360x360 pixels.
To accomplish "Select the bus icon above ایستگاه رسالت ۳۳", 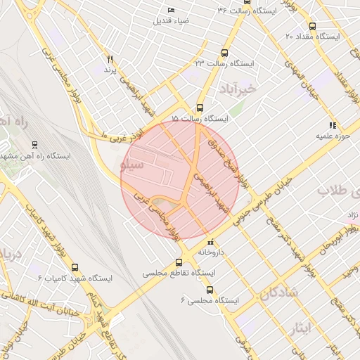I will (x=224, y=53).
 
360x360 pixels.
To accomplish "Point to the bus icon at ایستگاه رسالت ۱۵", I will (x=200, y=108).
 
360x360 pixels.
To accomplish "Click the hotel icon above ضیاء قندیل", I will (x=172, y=10).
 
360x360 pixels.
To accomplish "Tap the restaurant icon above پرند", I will (x=110, y=59).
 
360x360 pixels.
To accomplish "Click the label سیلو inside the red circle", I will (x=133, y=165).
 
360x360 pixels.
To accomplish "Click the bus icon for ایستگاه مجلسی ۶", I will (x=209, y=290).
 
